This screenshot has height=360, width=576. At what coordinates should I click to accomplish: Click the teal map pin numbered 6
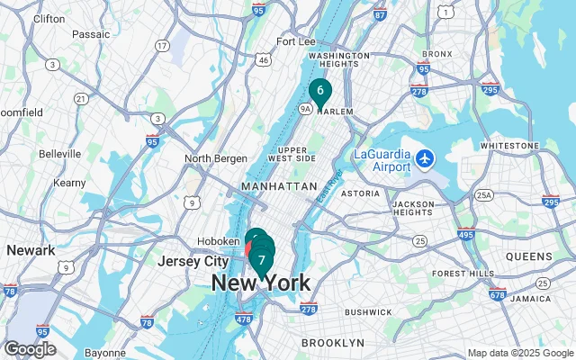click(x=319, y=91)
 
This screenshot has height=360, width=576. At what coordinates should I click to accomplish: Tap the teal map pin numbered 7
click(x=262, y=261)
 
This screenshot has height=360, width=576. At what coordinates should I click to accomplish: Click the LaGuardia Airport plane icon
click(x=426, y=159)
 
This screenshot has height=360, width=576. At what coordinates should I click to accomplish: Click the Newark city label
click(x=24, y=249)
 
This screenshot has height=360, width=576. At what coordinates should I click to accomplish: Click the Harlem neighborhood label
click(x=334, y=112)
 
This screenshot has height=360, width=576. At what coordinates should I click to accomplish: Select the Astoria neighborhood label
click(x=360, y=193)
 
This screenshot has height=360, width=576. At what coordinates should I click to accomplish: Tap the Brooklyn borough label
click(x=332, y=343)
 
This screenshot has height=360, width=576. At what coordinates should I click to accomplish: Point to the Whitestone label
click(x=509, y=145)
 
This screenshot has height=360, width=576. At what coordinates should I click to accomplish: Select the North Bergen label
click(x=216, y=158)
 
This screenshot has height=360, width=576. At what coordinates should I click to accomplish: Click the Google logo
click(x=30, y=349)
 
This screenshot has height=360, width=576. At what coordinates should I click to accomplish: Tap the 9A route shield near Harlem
click(x=305, y=109)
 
